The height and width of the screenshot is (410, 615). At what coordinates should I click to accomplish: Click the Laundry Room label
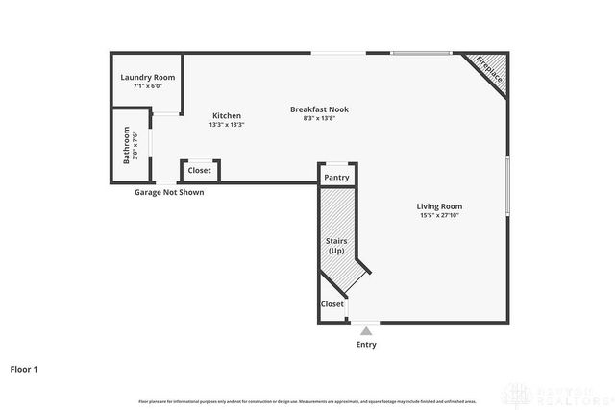tap(147, 78)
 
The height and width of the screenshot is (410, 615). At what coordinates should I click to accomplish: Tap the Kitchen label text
tap(227, 116)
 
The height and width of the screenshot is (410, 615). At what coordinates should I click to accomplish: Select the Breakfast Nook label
tap(319, 109)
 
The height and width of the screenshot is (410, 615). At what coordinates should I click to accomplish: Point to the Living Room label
tap(439, 206)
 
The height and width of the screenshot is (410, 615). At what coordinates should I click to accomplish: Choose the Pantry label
tap(336, 178)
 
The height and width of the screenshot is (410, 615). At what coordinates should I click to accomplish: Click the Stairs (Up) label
tap(336, 246)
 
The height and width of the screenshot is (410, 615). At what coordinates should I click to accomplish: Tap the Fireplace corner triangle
tap(490, 72)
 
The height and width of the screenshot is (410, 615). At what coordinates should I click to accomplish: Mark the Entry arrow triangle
tap(366, 331)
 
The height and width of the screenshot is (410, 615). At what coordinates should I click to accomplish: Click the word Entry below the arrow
tap(366, 345)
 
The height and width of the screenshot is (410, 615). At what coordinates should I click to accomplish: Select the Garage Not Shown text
tap(169, 192)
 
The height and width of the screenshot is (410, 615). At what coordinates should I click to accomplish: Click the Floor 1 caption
tap(24, 368)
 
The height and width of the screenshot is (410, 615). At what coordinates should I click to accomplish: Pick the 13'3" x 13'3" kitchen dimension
tap(227, 125)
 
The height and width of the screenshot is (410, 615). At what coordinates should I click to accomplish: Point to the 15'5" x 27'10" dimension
tap(439, 216)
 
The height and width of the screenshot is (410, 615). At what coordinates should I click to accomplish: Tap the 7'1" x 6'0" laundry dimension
tap(147, 86)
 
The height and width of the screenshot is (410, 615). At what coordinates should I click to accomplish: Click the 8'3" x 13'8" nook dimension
tap(319, 118)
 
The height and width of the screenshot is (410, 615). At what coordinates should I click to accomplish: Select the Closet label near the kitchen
tap(200, 171)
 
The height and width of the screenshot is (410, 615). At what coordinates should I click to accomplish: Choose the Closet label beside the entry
tap(332, 304)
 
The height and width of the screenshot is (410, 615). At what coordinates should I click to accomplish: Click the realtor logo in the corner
tap(562, 394)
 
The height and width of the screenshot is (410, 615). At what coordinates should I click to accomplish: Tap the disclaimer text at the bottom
tap(307, 400)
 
